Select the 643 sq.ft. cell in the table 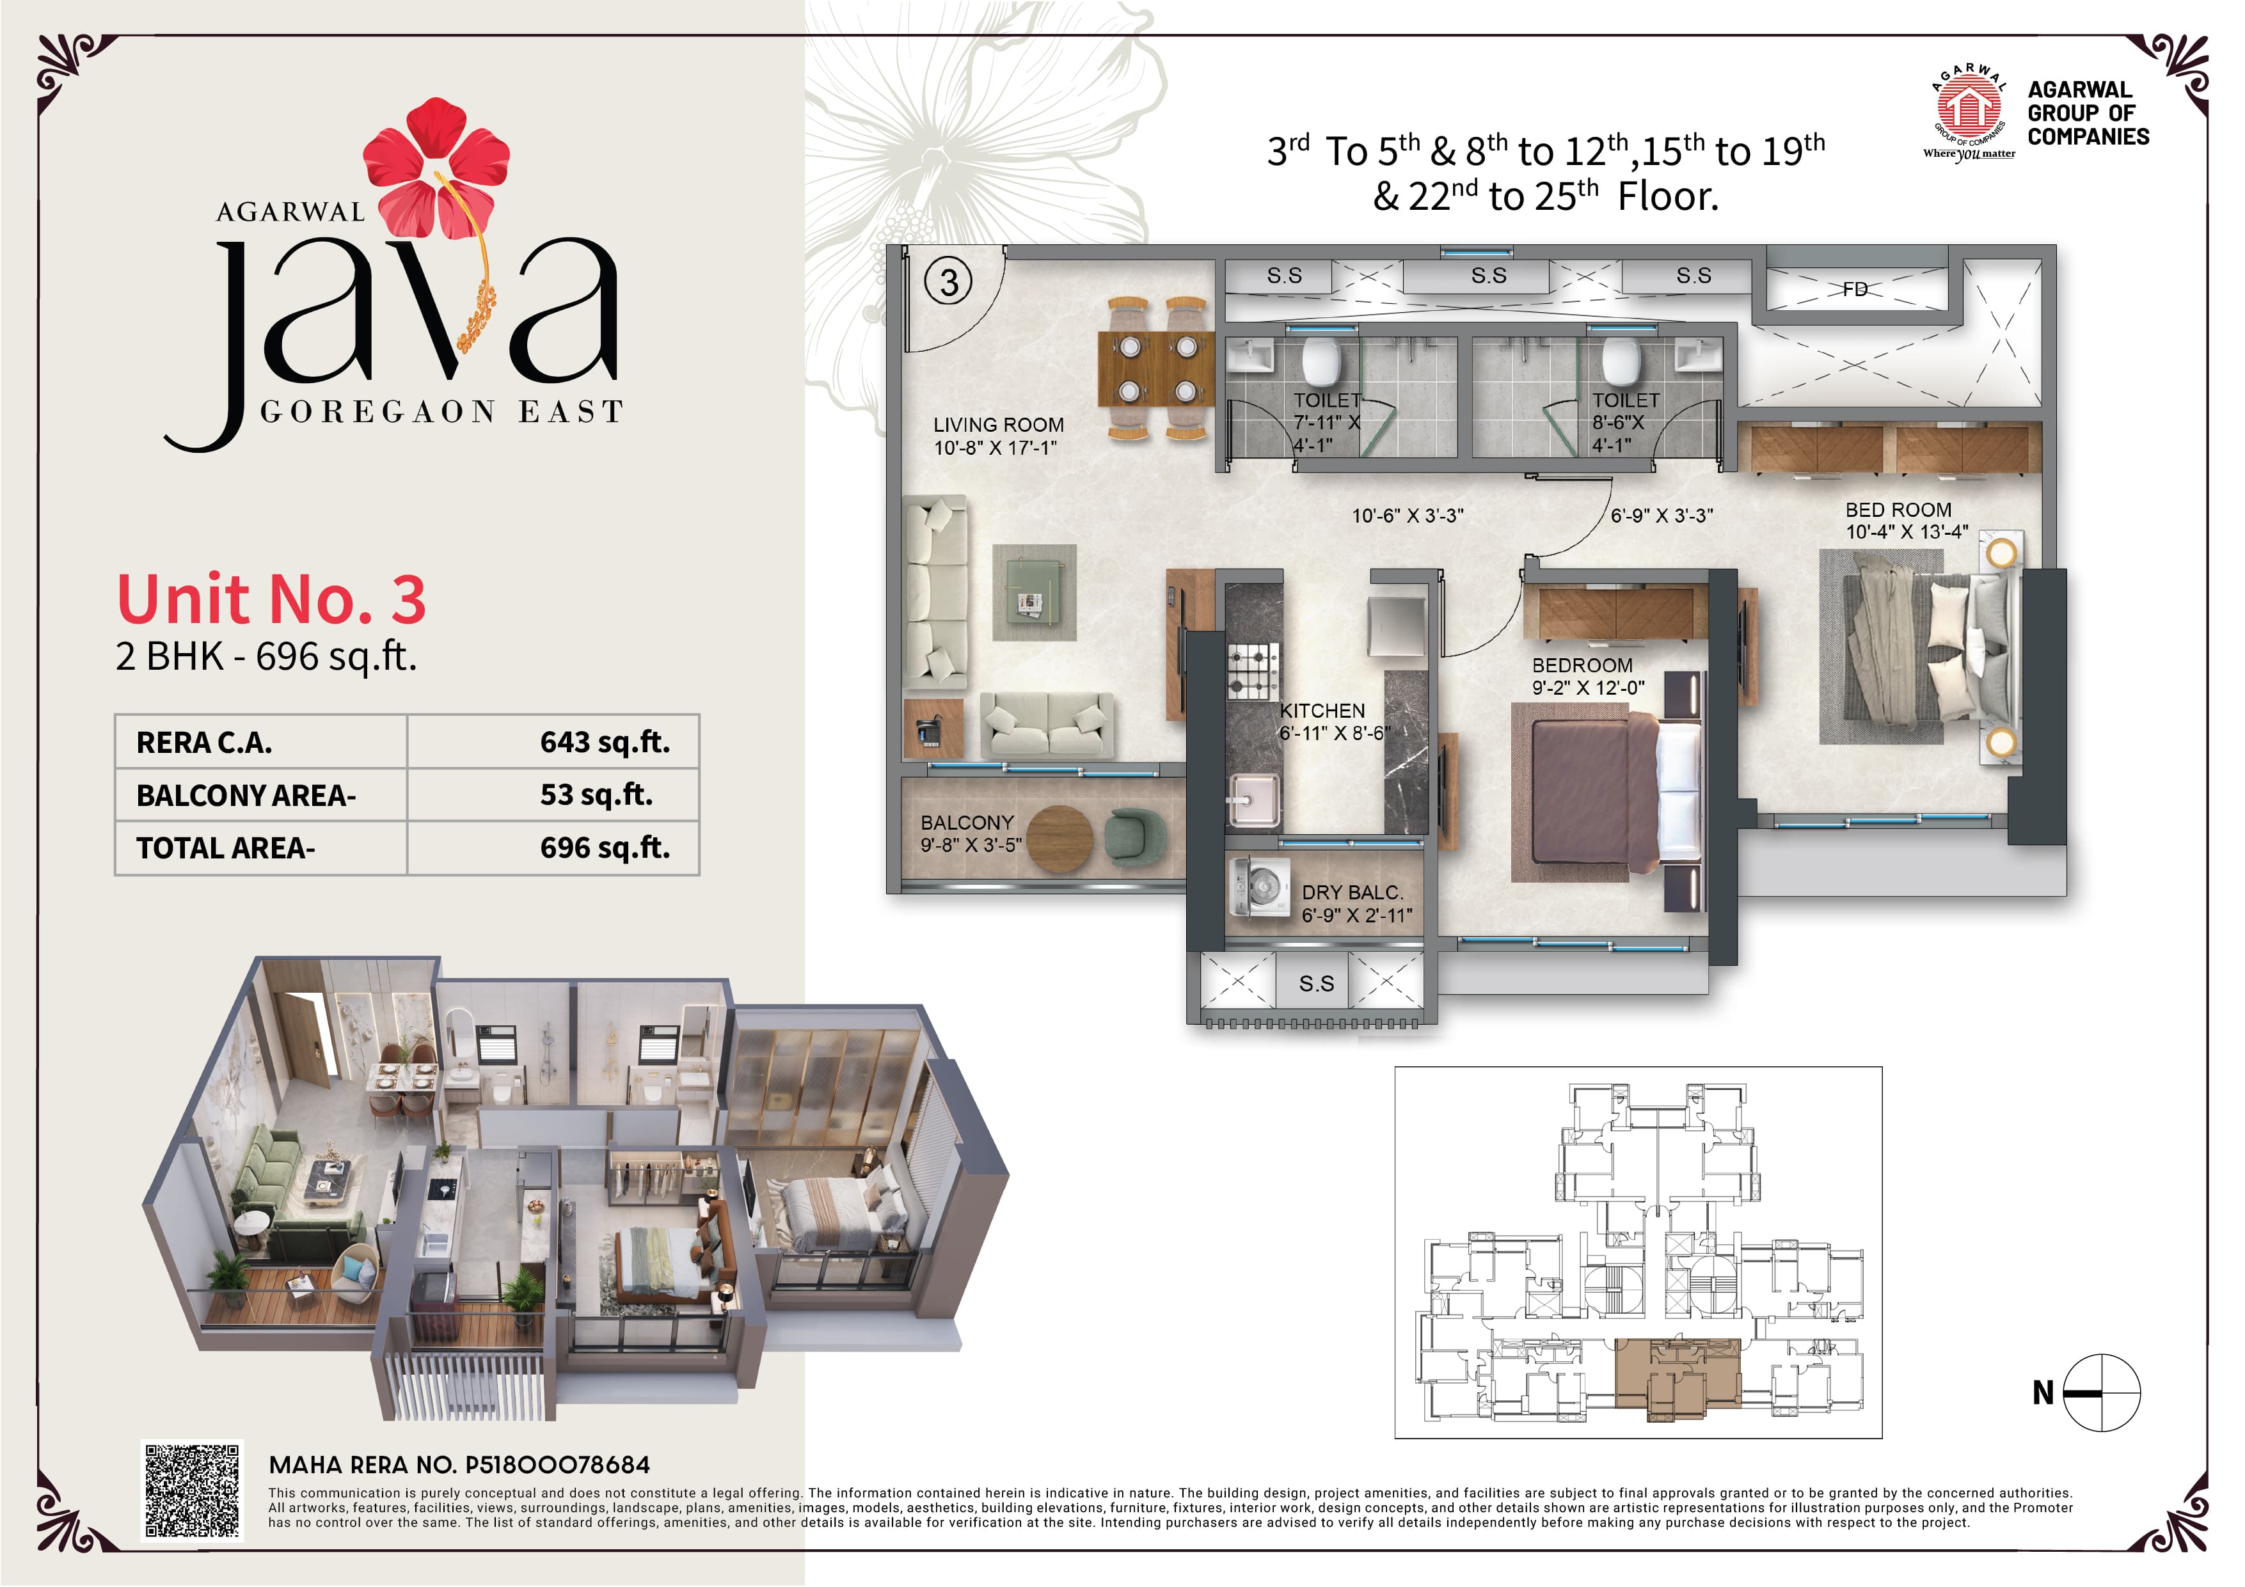(604, 742)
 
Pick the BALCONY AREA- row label (246, 796)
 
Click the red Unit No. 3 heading (271, 599)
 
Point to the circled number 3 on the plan (948, 283)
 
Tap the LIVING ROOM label (997, 425)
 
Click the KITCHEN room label (1322, 711)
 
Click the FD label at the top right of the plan (1855, 289)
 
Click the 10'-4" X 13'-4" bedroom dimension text (1906, 533)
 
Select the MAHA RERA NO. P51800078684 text (459, 1465)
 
